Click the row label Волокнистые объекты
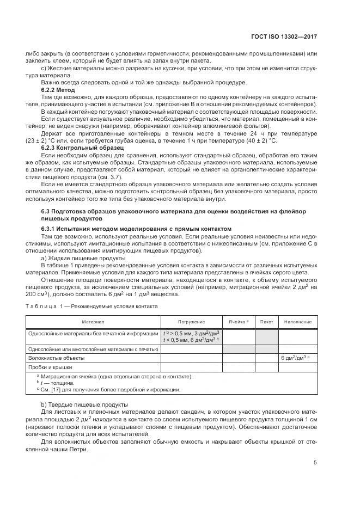click(x=57, y=358)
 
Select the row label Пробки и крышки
click(x=51, y=367)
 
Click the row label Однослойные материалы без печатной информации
click(x=93, y=333)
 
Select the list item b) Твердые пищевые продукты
click(x=84, y=404)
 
